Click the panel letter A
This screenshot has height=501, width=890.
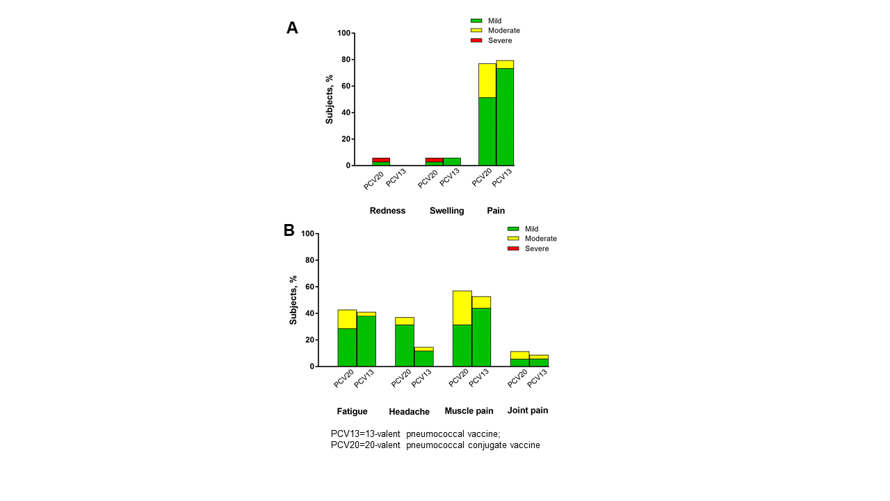point(292,28)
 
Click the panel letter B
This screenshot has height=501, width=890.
point(289,230)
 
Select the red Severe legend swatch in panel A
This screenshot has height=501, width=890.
point(476,40)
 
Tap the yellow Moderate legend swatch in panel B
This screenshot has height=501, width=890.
point(513,239)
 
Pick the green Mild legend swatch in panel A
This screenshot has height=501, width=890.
point(476,21)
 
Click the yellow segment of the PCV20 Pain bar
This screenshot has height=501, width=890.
point(487,80)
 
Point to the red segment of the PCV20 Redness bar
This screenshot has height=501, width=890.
point(381,159)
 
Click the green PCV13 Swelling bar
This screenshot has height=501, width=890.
point(451,161)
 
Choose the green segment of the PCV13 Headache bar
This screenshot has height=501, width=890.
point(423,358)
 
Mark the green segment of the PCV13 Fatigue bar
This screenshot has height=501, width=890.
point(366,341)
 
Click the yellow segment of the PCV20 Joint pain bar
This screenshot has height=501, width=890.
point(519,355)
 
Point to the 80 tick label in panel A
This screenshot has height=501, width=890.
point(344,60)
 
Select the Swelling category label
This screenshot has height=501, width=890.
point(446,211)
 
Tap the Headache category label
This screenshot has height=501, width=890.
point(409,412)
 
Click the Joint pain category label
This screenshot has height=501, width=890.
point(528,411)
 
